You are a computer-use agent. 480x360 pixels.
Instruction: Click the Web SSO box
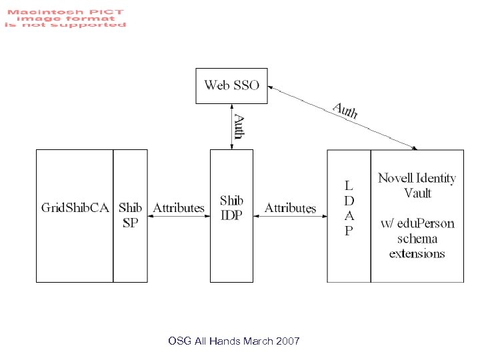231,85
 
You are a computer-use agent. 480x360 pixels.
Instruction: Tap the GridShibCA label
75,207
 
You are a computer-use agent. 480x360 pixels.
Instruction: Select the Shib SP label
131,215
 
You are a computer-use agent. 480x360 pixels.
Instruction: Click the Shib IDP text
232,207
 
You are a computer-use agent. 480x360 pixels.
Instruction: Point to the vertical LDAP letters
349,207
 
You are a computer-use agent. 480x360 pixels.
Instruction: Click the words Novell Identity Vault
417,185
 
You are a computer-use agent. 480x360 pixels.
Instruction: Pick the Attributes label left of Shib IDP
179,207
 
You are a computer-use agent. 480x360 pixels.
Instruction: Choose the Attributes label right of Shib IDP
290,208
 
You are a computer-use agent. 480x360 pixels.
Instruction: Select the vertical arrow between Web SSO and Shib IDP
231,127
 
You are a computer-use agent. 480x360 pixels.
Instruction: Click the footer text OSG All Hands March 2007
234,341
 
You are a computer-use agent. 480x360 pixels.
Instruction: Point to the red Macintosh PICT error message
65,18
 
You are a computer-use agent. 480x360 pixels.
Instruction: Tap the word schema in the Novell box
417,239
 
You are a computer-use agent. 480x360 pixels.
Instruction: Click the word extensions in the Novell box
417,253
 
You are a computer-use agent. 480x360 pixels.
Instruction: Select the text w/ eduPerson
417,223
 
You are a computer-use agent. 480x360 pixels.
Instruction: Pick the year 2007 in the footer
287,341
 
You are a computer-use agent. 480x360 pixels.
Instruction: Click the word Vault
417,193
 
